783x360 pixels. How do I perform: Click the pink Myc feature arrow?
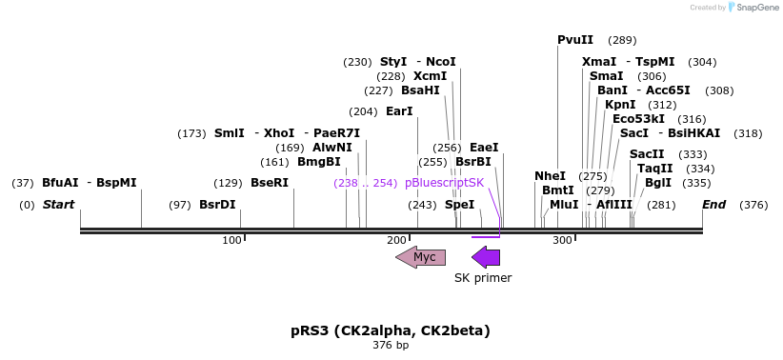tap(421, 257)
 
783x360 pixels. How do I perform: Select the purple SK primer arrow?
tap(486, 257)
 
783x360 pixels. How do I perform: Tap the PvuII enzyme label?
tap(575, 40)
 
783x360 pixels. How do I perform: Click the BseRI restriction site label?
tap(270, 182)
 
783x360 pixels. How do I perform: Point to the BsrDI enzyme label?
tap(217, 205)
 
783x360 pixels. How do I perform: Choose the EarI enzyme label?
tap(400, 111)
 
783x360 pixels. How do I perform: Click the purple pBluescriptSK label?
tap(444, 182)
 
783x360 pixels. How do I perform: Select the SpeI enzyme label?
tap(459, 205)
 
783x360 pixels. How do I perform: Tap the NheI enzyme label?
tap(550, 176)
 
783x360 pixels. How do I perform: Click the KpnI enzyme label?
tap(620, 105)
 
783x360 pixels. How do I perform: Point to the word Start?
tap(58, 205)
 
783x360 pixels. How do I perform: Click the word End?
tap(713, 205)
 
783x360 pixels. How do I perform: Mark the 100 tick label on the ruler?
tap(231, 240)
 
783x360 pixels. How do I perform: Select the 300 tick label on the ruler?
tap(562, 240)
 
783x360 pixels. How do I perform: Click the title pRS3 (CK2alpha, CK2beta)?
tap(391, 330)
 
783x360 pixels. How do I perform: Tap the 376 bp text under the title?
tap(391, 345)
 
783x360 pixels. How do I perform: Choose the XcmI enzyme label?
tap(431, 76)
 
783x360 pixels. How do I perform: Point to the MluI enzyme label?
tap(564, 205)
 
